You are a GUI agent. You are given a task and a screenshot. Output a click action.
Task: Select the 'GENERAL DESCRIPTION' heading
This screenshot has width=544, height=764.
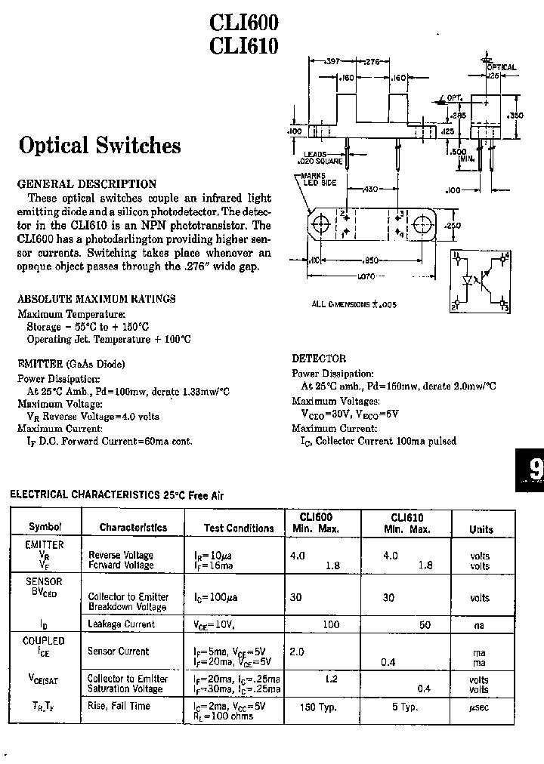87,183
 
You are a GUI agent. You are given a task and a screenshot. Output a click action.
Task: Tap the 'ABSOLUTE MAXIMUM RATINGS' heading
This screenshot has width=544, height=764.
96,298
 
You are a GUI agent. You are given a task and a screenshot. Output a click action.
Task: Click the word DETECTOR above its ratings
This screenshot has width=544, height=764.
319,359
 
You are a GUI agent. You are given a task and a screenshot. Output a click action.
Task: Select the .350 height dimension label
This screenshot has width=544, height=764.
516,116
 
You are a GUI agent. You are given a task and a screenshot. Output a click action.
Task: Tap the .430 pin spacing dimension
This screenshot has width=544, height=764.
370,188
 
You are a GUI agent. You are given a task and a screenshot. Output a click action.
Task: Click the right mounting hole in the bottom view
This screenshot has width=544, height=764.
421,224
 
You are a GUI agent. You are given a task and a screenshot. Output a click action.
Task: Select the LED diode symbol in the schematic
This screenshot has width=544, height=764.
467,279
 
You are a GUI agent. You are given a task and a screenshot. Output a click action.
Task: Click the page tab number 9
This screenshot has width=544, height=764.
535,470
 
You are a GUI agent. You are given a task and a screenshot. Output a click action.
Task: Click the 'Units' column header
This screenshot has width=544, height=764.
481,529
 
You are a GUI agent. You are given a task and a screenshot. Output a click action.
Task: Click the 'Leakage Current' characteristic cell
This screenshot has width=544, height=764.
122,624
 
